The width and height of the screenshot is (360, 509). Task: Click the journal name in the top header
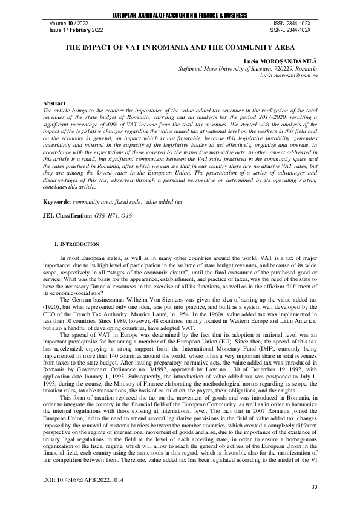tap(180, 13)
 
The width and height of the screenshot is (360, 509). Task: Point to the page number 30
tap(313, 487)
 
